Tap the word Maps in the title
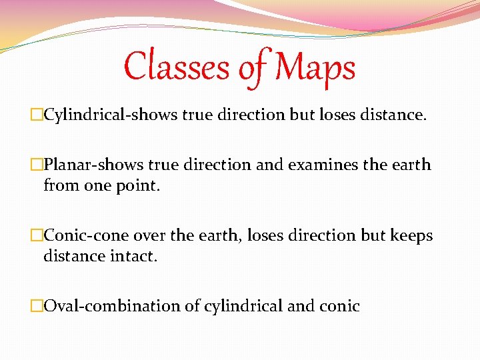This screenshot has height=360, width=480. tap(315, 68)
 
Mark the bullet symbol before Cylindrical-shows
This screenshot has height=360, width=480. tap(37, 115)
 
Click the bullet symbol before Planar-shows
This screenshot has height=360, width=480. tap(37, 165)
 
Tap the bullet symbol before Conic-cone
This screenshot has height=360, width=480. tap(37, 236)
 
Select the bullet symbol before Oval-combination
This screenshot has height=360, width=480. tap(37, 307)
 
